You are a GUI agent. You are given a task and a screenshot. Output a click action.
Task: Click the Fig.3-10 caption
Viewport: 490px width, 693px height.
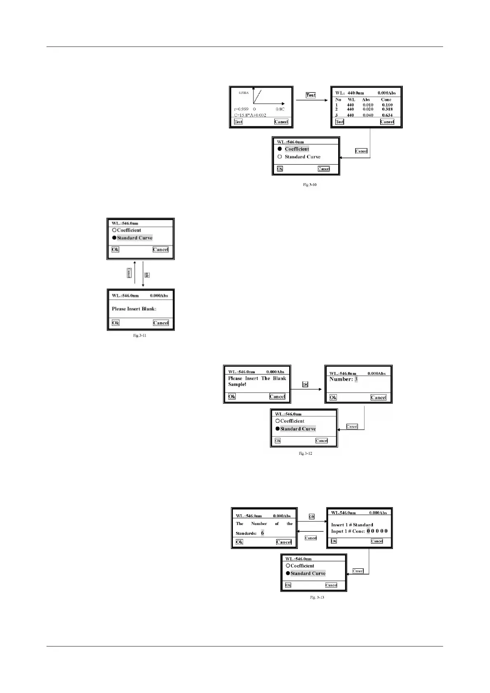point(310,185)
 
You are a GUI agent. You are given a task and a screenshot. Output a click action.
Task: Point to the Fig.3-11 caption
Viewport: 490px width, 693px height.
point(139,335)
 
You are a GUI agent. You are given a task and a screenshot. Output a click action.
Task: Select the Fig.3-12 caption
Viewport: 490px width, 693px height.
point(305,453)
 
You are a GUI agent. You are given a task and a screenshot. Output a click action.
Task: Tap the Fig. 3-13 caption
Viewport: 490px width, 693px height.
point(317,597)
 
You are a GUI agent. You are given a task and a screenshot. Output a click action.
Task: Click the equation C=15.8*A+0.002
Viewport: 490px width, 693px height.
point(250,115)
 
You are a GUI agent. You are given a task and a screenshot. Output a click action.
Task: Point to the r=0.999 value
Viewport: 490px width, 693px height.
point(241,109)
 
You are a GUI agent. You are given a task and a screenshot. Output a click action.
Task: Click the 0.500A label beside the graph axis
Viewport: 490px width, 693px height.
point(244,93)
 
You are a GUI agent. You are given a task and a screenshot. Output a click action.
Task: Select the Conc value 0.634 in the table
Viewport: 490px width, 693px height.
point(387,115)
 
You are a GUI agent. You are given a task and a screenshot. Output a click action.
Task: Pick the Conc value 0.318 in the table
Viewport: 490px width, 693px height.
point(387,109)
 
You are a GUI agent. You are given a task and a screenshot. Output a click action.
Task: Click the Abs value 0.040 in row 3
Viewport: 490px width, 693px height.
point(368,115)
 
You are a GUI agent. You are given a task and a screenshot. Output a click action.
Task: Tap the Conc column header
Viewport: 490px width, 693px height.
point(386,100)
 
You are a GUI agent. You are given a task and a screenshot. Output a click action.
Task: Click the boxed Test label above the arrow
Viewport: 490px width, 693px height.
point(311,95)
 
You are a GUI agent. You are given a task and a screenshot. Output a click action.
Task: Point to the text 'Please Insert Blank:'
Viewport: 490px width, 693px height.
point(134,309)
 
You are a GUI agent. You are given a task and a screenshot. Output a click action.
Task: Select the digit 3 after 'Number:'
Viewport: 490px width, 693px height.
point(356,379)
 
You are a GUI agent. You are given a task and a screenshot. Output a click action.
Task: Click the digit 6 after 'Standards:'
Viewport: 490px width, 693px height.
point(262,533)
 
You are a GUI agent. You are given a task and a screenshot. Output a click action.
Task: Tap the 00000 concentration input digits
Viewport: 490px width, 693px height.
point(377,531)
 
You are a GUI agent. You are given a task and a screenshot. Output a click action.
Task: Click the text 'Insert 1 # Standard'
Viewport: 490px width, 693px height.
point(352,525)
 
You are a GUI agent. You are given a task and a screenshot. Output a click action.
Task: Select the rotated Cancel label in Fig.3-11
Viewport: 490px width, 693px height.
point(129,273)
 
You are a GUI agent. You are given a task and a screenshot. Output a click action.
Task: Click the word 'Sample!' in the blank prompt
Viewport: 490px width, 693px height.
point(237,384)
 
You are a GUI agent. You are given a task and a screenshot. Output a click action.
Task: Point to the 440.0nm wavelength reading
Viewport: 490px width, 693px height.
point(356,93)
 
